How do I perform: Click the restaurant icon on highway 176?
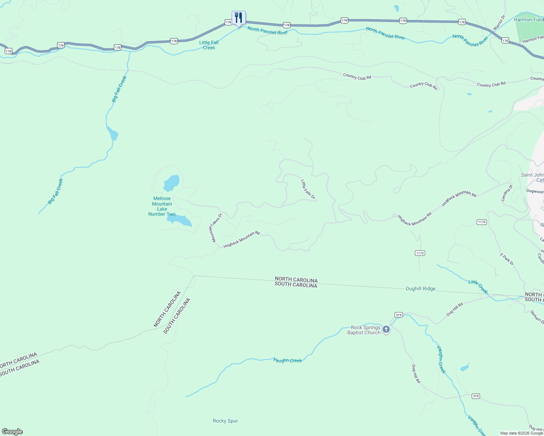click(x=239, y=18)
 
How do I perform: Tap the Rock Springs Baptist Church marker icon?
click(x=386, y=330)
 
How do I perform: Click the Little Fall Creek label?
click(x=209, y=45)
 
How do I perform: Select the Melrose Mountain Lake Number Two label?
click(x=162, y=206)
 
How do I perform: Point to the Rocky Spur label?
click(x=225, y=421)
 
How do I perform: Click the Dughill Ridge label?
click(x=420, y=289)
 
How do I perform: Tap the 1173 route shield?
click(x=420, y=253)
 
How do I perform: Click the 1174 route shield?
click(x=481, y=222)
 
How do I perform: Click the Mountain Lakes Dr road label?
click(x=215, y=228)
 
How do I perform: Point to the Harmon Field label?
click(x=528, y=20)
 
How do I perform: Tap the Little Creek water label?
click(x=478, y=287)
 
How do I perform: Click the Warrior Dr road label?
click(x=499, y=23)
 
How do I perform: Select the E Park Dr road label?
click(x=507, y=259)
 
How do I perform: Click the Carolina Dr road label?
click(x=507, y=193)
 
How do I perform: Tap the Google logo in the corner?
click(x=12, y=432)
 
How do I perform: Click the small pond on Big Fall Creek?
click(x=112, y=133)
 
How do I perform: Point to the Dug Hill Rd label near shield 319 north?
click(x=455, y=309)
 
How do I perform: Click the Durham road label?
click(x=537, y=317)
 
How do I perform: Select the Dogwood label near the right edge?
click(x=535, y=191)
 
